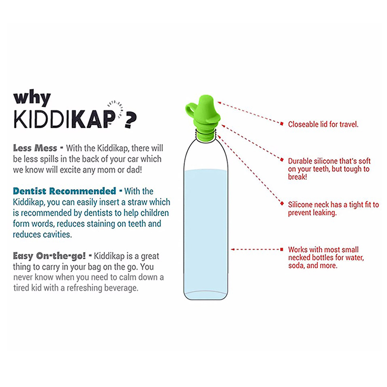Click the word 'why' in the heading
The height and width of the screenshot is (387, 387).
click(32, 99)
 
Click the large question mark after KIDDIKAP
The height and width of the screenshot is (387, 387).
click(130, 120)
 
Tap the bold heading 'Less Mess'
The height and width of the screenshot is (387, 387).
click(35, 148)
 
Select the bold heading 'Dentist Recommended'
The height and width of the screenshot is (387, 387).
click(64, 191)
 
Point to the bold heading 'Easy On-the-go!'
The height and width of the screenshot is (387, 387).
click(49, 256)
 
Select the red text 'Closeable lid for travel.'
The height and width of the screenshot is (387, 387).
click(323, 124)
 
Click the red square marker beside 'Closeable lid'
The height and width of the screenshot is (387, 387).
click(282, 124)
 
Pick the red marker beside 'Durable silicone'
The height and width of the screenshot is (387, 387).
click(282, 160)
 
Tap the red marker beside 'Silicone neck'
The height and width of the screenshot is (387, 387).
click(282, 204)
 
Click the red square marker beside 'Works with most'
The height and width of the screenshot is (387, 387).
click(282, 249)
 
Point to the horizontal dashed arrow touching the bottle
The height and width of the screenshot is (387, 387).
click(255, 249)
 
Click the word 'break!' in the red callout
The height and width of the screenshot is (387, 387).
click(298, 177)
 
